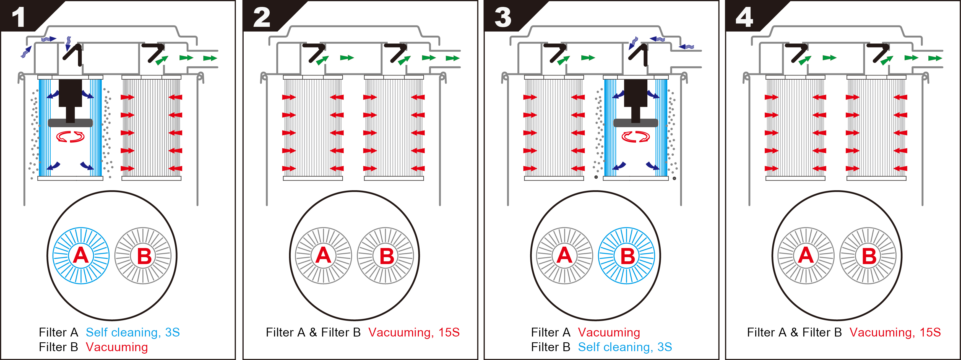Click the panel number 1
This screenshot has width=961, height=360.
click(x=18, y=17)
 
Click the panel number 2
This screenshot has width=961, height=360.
click(x=262, y=17)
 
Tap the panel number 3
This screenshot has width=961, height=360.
click(x=502, y=17)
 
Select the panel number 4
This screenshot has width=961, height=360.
click(x=744, y=17)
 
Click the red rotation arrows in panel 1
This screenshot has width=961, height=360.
click(x=70, y=137)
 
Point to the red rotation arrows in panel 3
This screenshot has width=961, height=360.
click(x=635, y=137)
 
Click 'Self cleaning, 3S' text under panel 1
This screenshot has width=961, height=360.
click(x=133, y=332)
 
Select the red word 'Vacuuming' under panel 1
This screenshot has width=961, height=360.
click(x=117, y=347)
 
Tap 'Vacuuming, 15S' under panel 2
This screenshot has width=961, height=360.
click(x=414, y=332)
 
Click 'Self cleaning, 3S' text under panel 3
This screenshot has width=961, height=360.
click(x=625, y=347)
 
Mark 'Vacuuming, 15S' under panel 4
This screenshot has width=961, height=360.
click(x=895, y=332)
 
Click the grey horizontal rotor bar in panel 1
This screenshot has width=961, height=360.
click(x=70, y=123)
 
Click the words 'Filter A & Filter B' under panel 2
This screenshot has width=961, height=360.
click(x=313, y=332)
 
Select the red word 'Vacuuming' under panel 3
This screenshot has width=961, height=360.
click(x=609, y=332)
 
